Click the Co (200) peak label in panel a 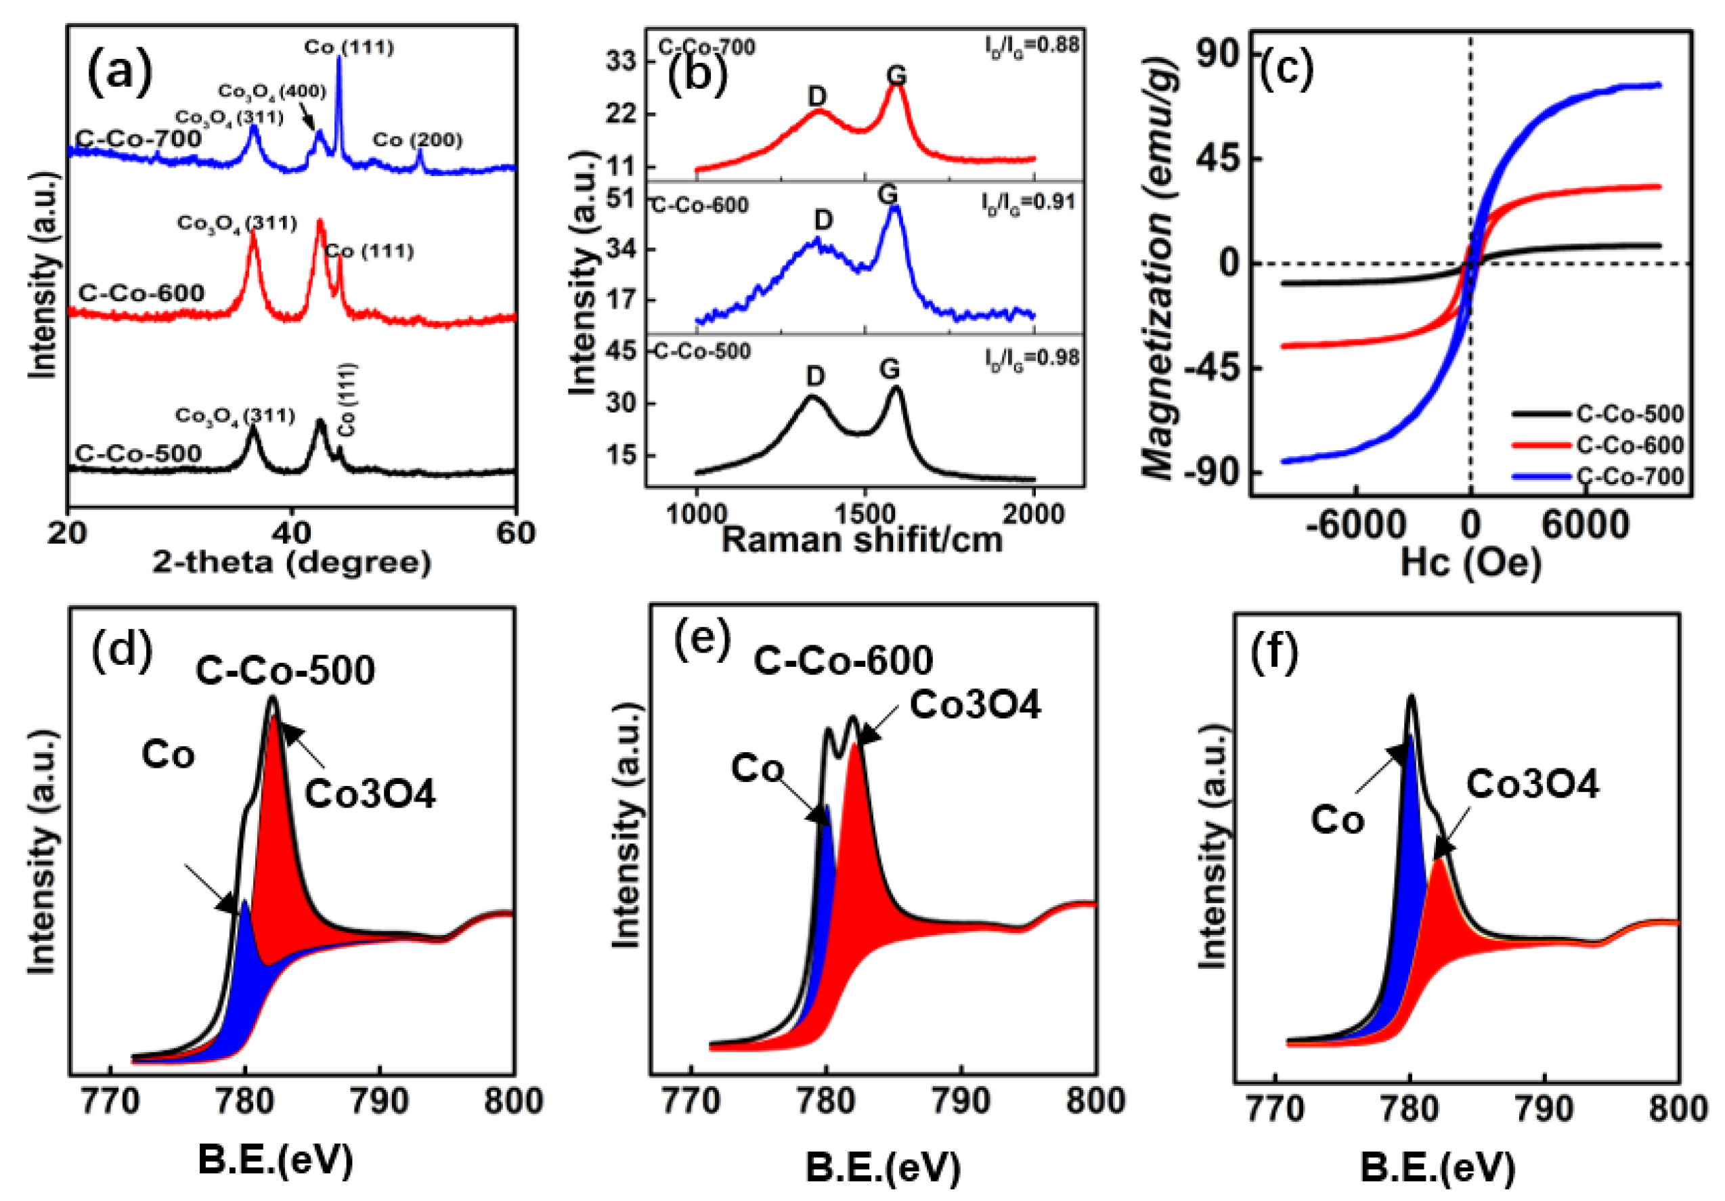click(418, 139)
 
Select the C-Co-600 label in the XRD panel click(141, 293)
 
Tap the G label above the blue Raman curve click(888, 195)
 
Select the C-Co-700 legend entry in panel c click(1629, 476)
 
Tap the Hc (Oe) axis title click(1470, 561)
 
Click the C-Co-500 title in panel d click(285, 671)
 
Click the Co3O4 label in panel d click(370, 794)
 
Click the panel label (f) click(1274, 654)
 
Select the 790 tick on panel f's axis click(1544, 1110)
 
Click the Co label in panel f click(1337, 821)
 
